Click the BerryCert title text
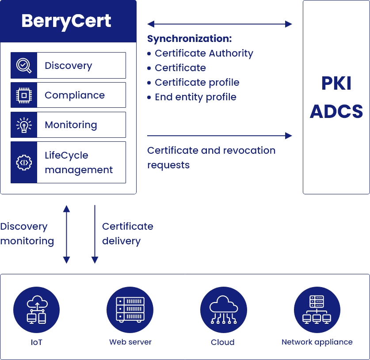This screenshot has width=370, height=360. pyautogui.click(x=66, y=22)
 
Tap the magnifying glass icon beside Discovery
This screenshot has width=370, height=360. pyautogui.click(x=24, y=65)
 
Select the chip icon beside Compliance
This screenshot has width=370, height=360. pyautogui.click(x=24, y=95)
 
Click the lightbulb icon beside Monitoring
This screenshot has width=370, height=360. pyautogui.click(x=24, y=125)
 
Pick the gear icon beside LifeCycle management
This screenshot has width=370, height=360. pyautogui.click(x=24, y=163)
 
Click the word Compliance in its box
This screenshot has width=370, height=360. pyautogui.click(x=75, y=95)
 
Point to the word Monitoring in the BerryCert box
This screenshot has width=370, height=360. pyautogui.click(x=71, y=125)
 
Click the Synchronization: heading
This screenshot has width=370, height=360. pyautogui.click(x=190, y=39)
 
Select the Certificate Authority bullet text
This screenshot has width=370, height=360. pyautogui.click(x=204, y=53)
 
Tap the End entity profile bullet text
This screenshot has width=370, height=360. pyautogui.click(x=196, y=97)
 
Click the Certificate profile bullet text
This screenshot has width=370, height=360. pyautogui.click(x=197, y=83)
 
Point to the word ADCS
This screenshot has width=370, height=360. pyautogui.click(x=336, y=111)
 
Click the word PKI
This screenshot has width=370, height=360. pyautogui.click(x=336, y=83)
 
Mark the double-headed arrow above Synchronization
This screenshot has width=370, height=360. pyautogui.click(x=220, y=24)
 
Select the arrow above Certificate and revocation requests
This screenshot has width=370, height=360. pyautogui.click(x=220, y=136)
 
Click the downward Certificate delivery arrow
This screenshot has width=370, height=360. pyautogui.click(x=95, y=234)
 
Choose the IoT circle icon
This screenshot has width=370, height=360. pyautogui.click(x=36, y=310)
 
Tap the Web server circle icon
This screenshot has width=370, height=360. pyautogui.click(x=130, y=310)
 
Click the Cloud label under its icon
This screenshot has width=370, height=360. pyautogui.click(x=222, y=342)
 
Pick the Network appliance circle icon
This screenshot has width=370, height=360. pyautogui.click(x=317, y=310)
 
